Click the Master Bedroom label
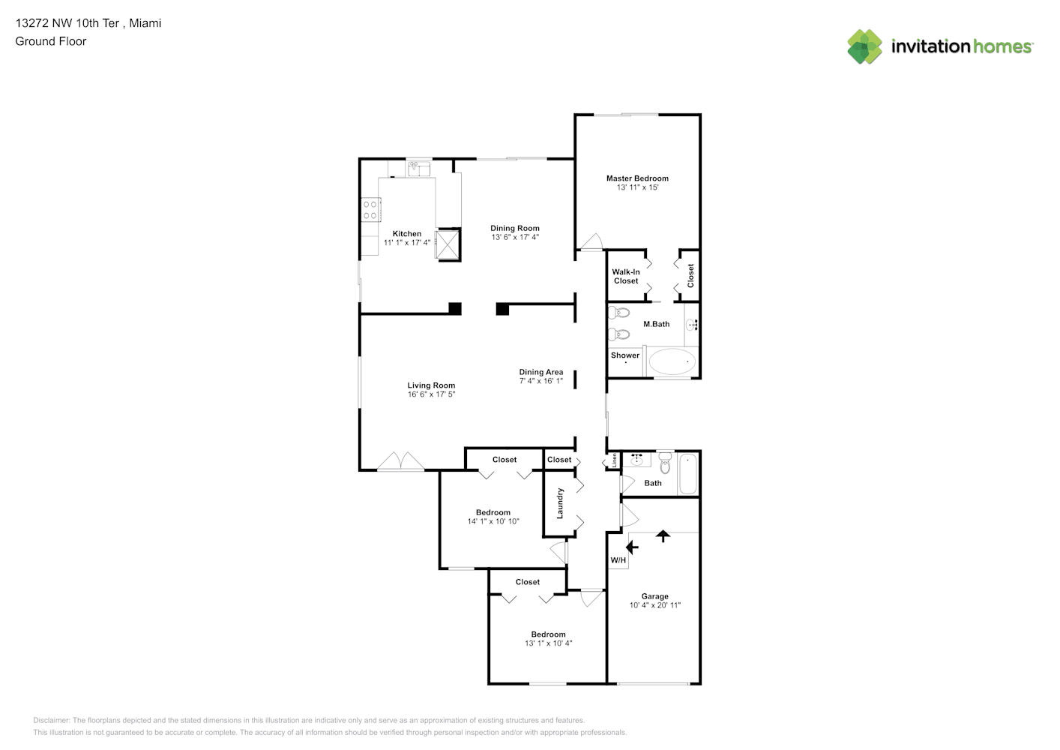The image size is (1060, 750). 637,178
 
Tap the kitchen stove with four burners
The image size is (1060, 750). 370,210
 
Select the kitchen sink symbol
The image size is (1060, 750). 419,169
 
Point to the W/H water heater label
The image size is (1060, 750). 618,560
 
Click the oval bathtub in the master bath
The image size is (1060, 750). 672,362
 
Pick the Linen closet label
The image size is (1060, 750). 615,460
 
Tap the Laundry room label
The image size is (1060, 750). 560,503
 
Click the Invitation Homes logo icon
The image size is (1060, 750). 864,46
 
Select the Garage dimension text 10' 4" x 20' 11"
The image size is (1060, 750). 655,605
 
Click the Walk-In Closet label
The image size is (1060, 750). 626,276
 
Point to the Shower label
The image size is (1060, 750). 625,355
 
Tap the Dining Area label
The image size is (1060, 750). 541,372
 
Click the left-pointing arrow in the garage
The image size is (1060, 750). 632,547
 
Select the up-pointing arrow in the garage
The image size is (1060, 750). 663,536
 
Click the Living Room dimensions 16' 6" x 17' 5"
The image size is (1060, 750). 431,394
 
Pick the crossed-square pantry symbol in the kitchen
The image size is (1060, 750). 448,244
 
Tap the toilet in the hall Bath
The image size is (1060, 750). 666,462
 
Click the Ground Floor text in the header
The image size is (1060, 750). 51,41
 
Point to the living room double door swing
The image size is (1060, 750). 401,462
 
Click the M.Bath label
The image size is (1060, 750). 657,324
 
